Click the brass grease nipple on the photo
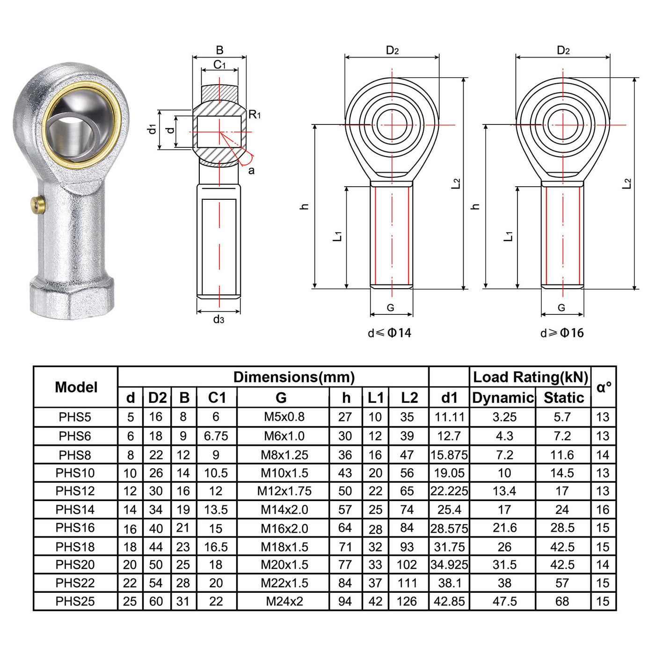[x=38, y=204]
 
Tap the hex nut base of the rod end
[x=72, y=298]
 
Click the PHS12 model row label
[x=75, y=491]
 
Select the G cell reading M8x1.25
[x=284, y=455]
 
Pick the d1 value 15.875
[x=449, y=455]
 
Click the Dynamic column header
[x=503, y=398]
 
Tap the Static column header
[x=564, y=398]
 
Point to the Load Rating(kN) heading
[x=531, y=377]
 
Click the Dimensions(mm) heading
[x=294, y=377]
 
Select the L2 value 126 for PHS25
[x=407, y=601]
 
